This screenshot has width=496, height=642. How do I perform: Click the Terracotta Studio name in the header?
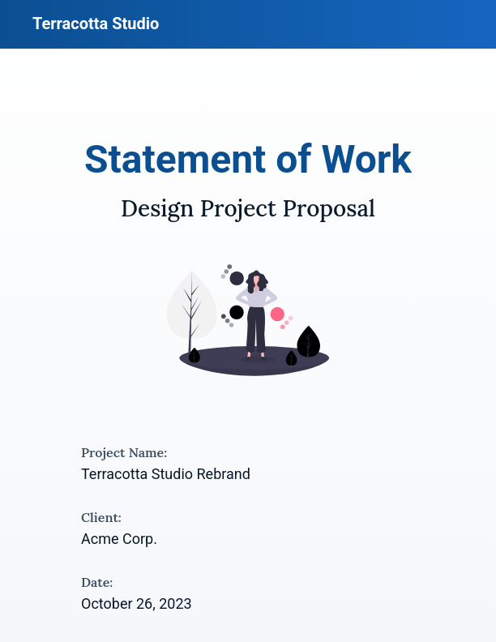[96, 24]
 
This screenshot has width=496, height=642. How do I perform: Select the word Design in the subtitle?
[157, 209]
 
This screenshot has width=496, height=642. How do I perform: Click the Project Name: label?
[124, 453]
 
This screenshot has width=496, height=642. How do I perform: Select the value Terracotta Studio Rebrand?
[165, 474]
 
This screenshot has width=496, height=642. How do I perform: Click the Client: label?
[101, 518]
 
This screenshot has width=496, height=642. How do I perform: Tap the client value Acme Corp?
[119, 539]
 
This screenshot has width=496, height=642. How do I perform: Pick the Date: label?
[96, 583]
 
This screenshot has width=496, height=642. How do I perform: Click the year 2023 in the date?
[175, 604]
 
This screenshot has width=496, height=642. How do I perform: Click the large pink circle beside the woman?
[277, 315]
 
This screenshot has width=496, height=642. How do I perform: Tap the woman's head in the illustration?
[257, 280]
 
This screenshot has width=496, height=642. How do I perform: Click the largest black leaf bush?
[308, 343]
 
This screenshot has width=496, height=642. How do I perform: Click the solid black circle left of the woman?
[237, 312]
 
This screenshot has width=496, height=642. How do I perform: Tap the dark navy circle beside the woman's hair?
[237, 279]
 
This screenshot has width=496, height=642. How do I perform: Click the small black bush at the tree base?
[195, 356]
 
